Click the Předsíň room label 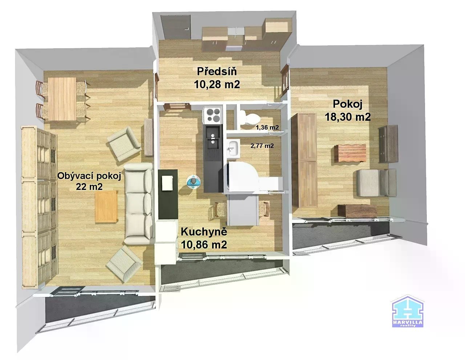217,71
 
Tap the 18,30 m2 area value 348,117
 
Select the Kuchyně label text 204,232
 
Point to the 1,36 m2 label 267,127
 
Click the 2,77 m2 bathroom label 262,146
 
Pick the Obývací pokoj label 89,176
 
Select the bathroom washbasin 233,149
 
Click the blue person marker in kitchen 193,182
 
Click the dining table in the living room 62,99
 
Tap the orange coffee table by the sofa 106,206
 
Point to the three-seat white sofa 139,203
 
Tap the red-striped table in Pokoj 350,153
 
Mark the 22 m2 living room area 89,187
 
